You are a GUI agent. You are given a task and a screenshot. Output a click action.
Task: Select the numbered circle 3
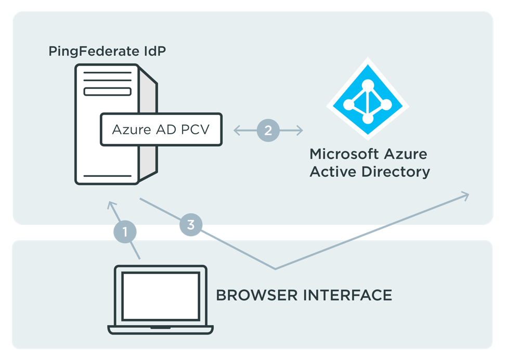190,225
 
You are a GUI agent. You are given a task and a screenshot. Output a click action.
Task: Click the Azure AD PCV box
161,129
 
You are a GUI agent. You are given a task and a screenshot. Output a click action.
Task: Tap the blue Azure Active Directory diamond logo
368,99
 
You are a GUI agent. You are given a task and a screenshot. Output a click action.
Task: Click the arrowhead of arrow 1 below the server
110,204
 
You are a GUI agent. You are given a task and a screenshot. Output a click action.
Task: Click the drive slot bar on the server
108,92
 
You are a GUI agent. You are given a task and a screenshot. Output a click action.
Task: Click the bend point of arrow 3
275,268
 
